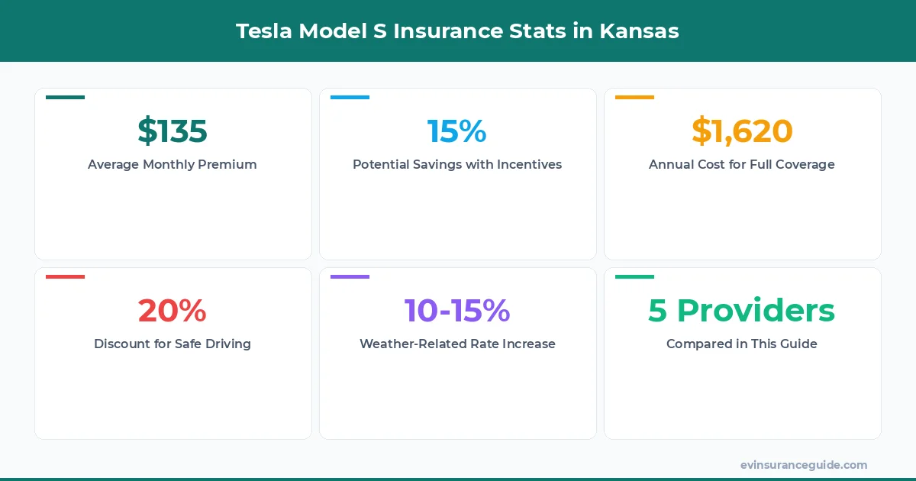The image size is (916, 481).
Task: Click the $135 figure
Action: tap(173, 131)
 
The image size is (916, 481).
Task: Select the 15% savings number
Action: tap(456, 131)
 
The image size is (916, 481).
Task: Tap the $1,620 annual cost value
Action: tap(742, 131)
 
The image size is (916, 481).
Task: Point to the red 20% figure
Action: tap(173, 310)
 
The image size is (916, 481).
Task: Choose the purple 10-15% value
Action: tap(456, 310)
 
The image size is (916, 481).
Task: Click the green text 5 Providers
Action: tap(742, 310)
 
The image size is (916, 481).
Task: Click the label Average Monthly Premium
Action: tap(173, 164)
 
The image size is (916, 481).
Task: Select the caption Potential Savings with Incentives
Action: tap(456, 164)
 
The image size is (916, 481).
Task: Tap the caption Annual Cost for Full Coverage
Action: tap(742, 164)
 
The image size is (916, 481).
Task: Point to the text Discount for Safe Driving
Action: tap(173, 344)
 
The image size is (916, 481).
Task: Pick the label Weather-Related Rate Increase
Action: tap(456, 344)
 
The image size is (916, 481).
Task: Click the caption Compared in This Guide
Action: tap(742, 344)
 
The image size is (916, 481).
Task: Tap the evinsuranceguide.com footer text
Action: tap(804, 464)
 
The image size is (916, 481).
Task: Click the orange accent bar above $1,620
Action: tap(634, 97)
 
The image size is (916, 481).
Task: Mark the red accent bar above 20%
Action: tap(65, 276)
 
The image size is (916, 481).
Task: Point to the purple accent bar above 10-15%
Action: tap(350, 276)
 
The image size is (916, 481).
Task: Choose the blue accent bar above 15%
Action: tap(350, 97)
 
